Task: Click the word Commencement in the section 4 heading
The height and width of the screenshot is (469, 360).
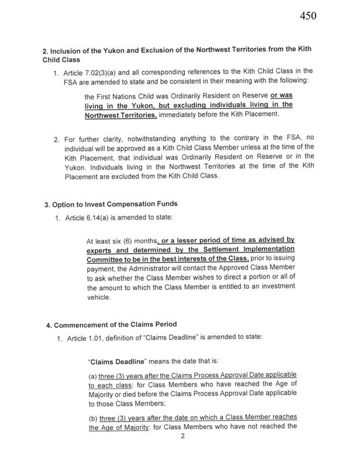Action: coord(79,323)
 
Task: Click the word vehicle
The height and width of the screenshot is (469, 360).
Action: coord(99,297)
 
